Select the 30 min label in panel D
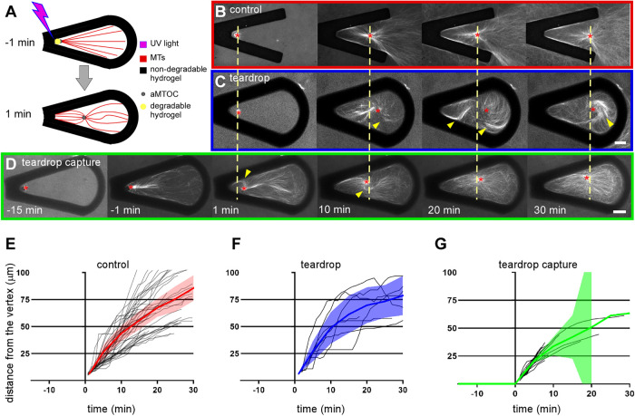pyautogui.click(x=554, y=238)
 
